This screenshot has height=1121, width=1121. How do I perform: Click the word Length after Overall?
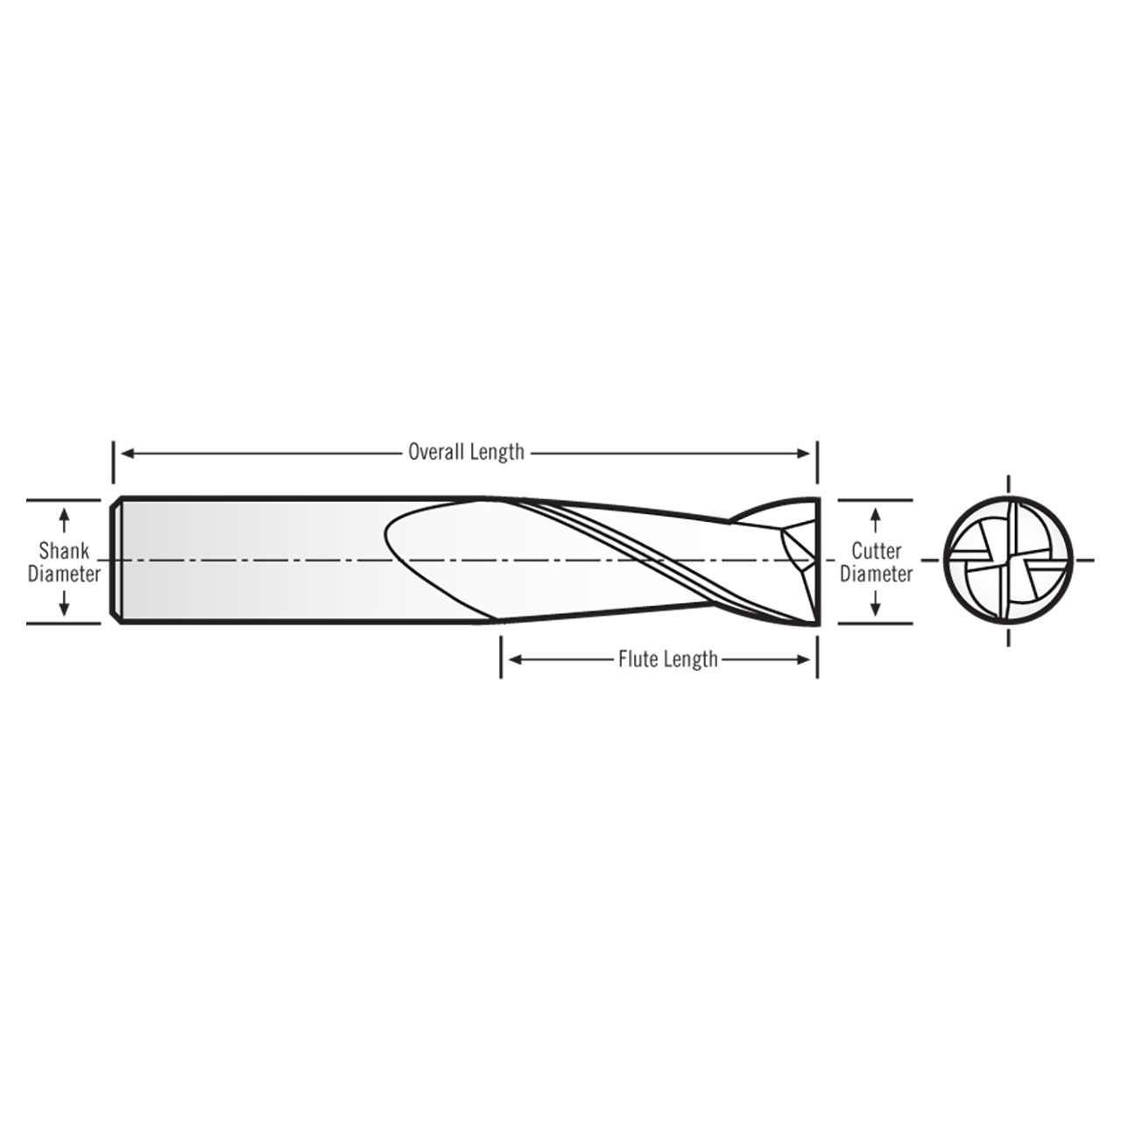(497, 452)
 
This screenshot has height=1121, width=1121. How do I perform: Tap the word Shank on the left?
(64, 551)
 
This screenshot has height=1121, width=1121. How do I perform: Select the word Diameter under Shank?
(64, 575)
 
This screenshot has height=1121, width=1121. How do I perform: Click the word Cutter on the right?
(876, 551)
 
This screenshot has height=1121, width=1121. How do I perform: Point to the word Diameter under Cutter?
(876, 575)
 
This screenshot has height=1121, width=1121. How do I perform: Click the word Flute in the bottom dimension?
(637, 659)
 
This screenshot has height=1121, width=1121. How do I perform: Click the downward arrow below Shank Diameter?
(64, 606)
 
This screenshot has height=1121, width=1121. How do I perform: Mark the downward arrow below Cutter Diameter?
(876, 606)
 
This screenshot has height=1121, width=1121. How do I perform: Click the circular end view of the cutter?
(1009, 560)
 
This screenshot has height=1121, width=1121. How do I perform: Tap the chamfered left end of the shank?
(115, 560)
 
